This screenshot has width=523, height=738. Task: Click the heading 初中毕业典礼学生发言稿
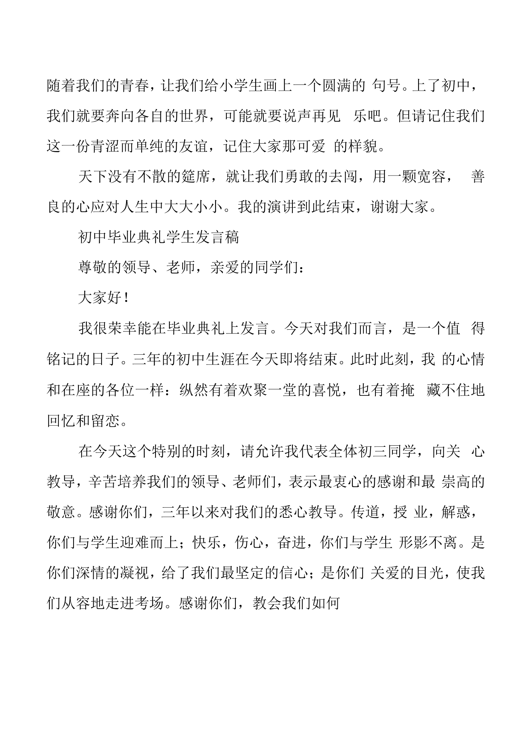pyautogui.click(x=158, y=237)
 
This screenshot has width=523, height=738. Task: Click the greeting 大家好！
pyautogui.click(x=104, y=298)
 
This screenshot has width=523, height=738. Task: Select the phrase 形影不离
pyautogui.click(x=428, y=543)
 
